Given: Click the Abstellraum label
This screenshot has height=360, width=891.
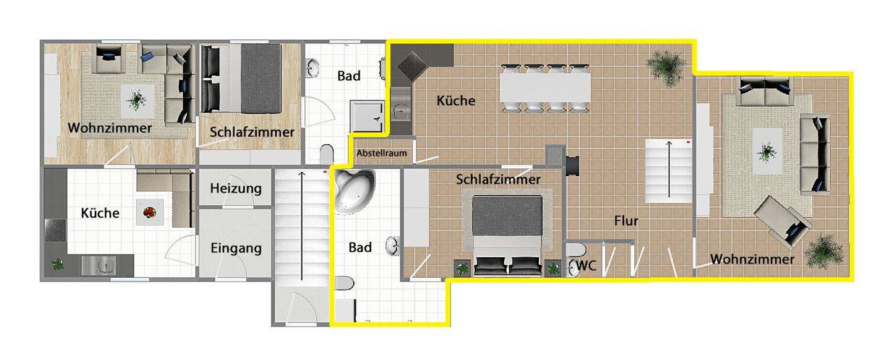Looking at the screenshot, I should pos(381,153).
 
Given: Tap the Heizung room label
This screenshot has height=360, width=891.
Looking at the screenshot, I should pos(235,188).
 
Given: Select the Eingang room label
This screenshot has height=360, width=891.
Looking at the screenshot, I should pos(236,249).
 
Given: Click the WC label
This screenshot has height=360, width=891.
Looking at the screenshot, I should pos(586,266).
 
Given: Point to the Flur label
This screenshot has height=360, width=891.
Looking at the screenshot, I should pos(626,221).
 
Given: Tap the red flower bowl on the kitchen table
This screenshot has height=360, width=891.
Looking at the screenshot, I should pos(149,213).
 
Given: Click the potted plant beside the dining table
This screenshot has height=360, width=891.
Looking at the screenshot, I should pos(666,64).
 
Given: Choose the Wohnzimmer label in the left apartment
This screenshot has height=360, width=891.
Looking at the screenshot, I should pos(110,129).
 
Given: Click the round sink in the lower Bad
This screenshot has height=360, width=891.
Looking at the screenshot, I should pos(393,246).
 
